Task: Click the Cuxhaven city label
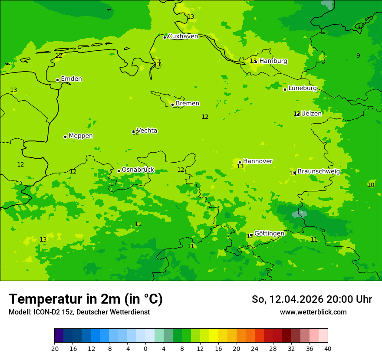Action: pyautogui.click(x=183, y=36)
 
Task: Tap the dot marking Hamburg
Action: pyautogui.click(x=256, y=62)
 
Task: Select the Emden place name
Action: pyautogui.click(x=71, y=79)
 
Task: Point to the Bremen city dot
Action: pyautogui.click(x=172, y=105)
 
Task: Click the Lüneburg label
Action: pyautogui.click(x=303, y=88)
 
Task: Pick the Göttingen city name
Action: pyautogui.click(x=269, y=233)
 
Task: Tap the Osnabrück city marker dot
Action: pyautogui.click(x=119, y=171)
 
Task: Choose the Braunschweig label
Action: pyautogui.click(x=319, y=171)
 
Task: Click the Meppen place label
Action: pyautogui.click(x=81, y=136)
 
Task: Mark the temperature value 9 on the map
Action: pyautogui.click(x=358, y=56)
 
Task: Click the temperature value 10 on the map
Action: pyautogui.click(x=371, y=185)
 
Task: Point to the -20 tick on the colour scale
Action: pyautogui.click(x=54, y=348)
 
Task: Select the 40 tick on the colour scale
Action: pyautogui.click(x=328, y=348)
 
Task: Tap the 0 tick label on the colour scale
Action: pyautogui.click(x=145, y=348)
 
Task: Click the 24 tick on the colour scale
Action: pyautogui.click(x=255, y=348)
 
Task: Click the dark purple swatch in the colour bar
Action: pyautogui.click(x=59, y=336)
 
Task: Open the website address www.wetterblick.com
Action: pyautogui.click(x=313, y=312)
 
